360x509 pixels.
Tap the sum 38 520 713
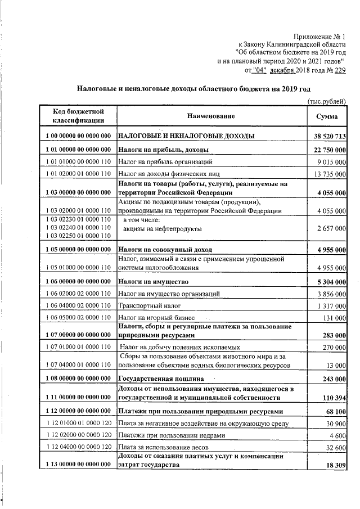(329, 137)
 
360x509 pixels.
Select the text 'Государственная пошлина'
(160, 379)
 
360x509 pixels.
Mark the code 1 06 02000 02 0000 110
(76, 294)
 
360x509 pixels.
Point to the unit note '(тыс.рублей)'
(326, 100)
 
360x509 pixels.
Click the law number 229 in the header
(340, 71)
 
